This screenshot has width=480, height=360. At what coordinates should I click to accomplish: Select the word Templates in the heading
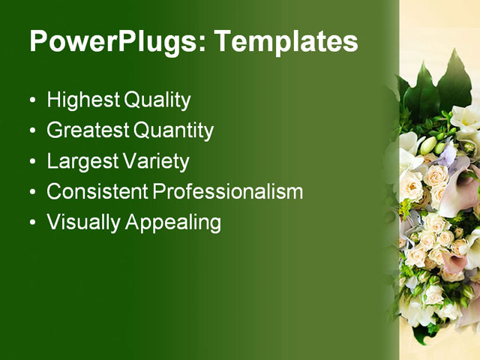286,41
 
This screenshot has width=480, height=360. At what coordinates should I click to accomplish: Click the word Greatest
87,130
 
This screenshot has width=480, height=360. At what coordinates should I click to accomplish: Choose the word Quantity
173,131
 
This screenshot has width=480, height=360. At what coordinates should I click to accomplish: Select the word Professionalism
228,191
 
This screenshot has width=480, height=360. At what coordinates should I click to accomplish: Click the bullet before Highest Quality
31,100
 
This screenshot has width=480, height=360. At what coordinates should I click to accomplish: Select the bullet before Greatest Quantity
31,131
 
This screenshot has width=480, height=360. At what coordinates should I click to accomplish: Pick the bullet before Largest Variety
31,161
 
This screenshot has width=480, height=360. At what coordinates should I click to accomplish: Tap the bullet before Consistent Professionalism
31,192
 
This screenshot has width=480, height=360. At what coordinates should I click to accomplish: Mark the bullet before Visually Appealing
31,223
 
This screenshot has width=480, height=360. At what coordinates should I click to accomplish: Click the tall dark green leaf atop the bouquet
454,79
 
